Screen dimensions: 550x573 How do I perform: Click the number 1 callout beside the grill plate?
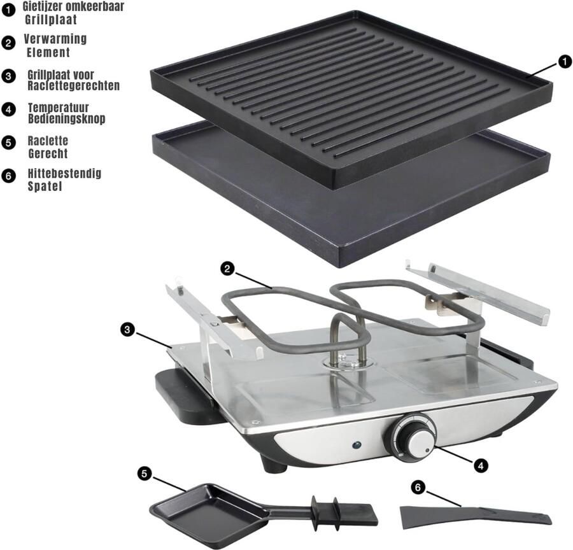[x=563, y=61]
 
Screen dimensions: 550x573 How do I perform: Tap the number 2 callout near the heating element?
[x=225, y=268]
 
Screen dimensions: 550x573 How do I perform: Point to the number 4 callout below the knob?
[x=482, y=465]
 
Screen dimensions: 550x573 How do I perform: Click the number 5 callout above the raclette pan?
[x=145, y=474]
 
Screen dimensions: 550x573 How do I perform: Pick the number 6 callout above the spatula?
[x=418, y=487]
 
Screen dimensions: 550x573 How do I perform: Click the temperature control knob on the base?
[x=414, y=437]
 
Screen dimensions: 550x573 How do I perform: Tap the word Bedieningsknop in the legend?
[x=66, y=119]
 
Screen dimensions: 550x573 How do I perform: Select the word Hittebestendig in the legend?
[x=64, y=173]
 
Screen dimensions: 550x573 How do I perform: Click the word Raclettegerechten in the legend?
[x=73, y=85]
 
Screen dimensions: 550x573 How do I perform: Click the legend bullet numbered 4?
[x=9, y=109]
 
